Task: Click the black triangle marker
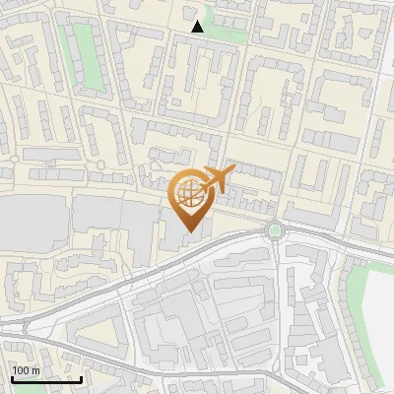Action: coord(198,27)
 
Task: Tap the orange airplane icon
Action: coord(217,180)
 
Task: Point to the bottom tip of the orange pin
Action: coord(189,231)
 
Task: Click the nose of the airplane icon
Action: coord(231,172)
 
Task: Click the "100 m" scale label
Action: coord(26,370)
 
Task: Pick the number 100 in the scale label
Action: coord(21,370)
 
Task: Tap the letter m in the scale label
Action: coord(35,370)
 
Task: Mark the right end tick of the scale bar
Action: coord(81,378)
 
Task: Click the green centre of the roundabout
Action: coord(275,230)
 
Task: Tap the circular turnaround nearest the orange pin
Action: coord(101,164)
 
